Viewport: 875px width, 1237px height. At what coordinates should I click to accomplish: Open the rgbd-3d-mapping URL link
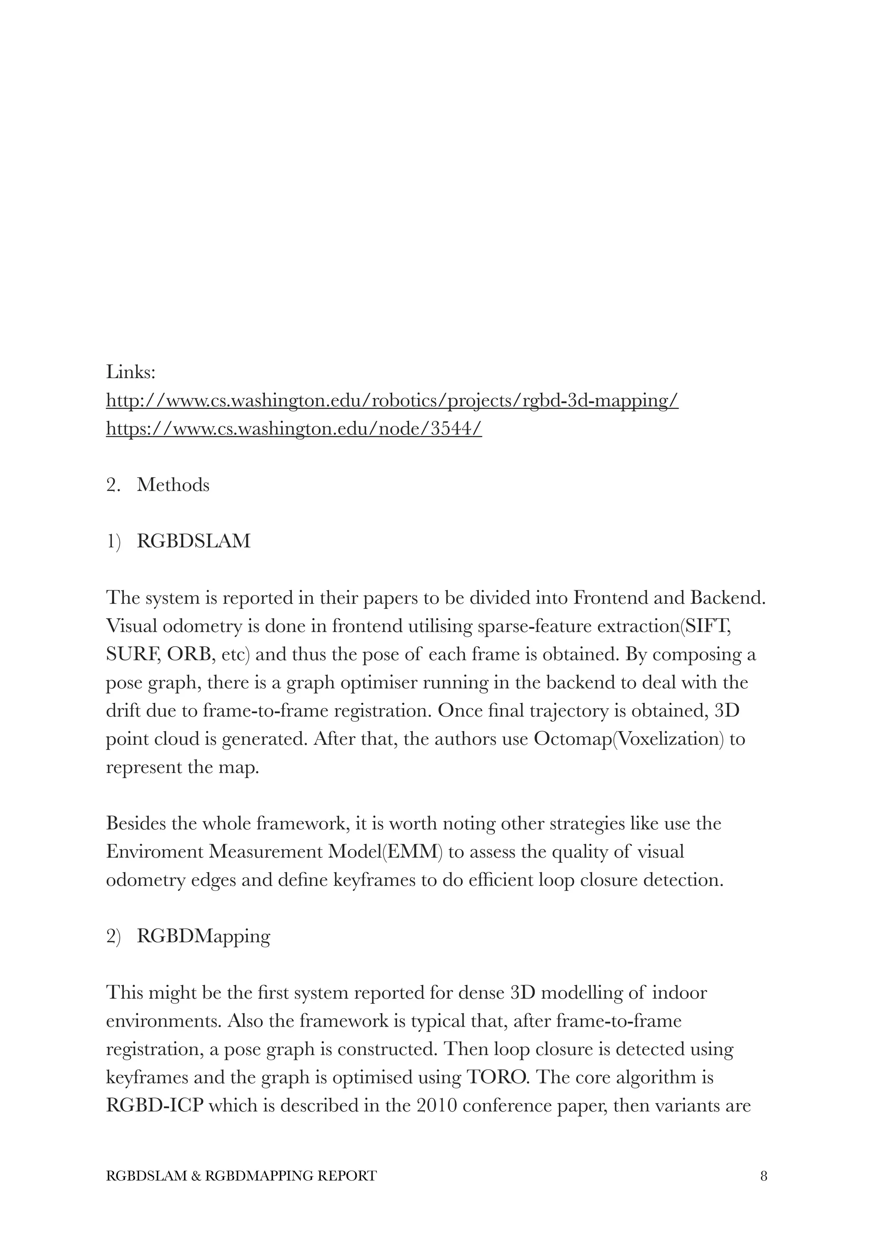point(392,401)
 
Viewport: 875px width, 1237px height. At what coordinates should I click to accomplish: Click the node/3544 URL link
point(294,429)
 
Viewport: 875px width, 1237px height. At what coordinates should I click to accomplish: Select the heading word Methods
point(173,485)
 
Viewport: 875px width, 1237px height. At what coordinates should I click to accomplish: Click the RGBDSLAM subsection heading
point(194,541)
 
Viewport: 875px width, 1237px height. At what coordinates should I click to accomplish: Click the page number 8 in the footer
point(763,1176)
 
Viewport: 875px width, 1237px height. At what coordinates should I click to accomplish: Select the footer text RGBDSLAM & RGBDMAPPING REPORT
point(241,1176)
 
